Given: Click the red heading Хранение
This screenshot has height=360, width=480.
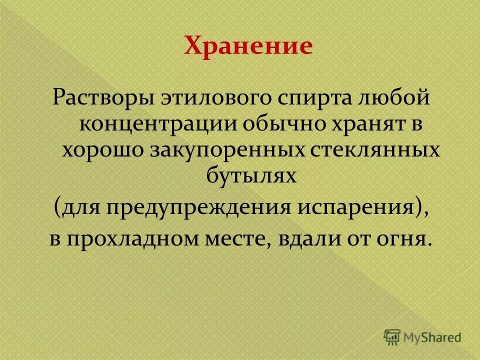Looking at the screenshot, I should (x=248, y=46).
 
